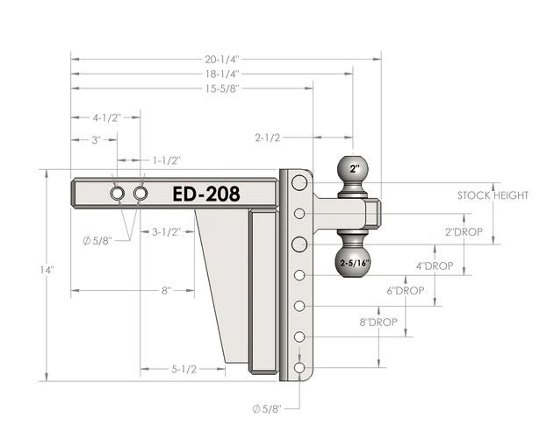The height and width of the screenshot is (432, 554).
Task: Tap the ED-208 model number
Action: click(205, 194)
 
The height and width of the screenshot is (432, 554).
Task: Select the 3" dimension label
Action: click(96, 139)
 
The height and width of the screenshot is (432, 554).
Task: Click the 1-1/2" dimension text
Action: click(167, 160)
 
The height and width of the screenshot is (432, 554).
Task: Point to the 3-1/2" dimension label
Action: click(167, 232)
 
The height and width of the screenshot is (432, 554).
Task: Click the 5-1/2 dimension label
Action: click(183, 370)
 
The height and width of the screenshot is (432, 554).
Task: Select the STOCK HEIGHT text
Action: click(493, 195)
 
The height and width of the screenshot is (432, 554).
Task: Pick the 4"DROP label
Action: click(434, 266)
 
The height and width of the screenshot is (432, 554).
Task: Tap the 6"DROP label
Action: click(406, 291)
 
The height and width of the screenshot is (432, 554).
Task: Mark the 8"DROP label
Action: click(378, 322)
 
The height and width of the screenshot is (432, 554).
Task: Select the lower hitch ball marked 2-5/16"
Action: click(353, 260)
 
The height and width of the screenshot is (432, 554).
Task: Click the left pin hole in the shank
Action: click(118, 193)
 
